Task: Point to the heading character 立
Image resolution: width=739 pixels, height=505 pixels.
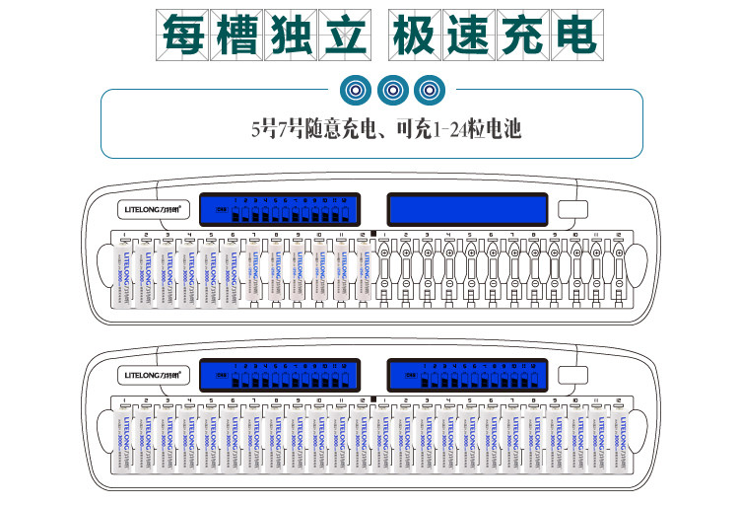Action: point(342,35)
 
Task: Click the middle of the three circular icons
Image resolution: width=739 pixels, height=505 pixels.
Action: point(391,90)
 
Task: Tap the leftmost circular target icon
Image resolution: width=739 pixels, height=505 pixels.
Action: point(355,90)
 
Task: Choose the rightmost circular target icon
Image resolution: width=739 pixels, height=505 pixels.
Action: point(428,90)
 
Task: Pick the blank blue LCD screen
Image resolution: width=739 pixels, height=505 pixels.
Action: point(468,209)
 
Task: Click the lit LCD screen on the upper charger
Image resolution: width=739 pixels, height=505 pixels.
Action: point(277,209)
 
